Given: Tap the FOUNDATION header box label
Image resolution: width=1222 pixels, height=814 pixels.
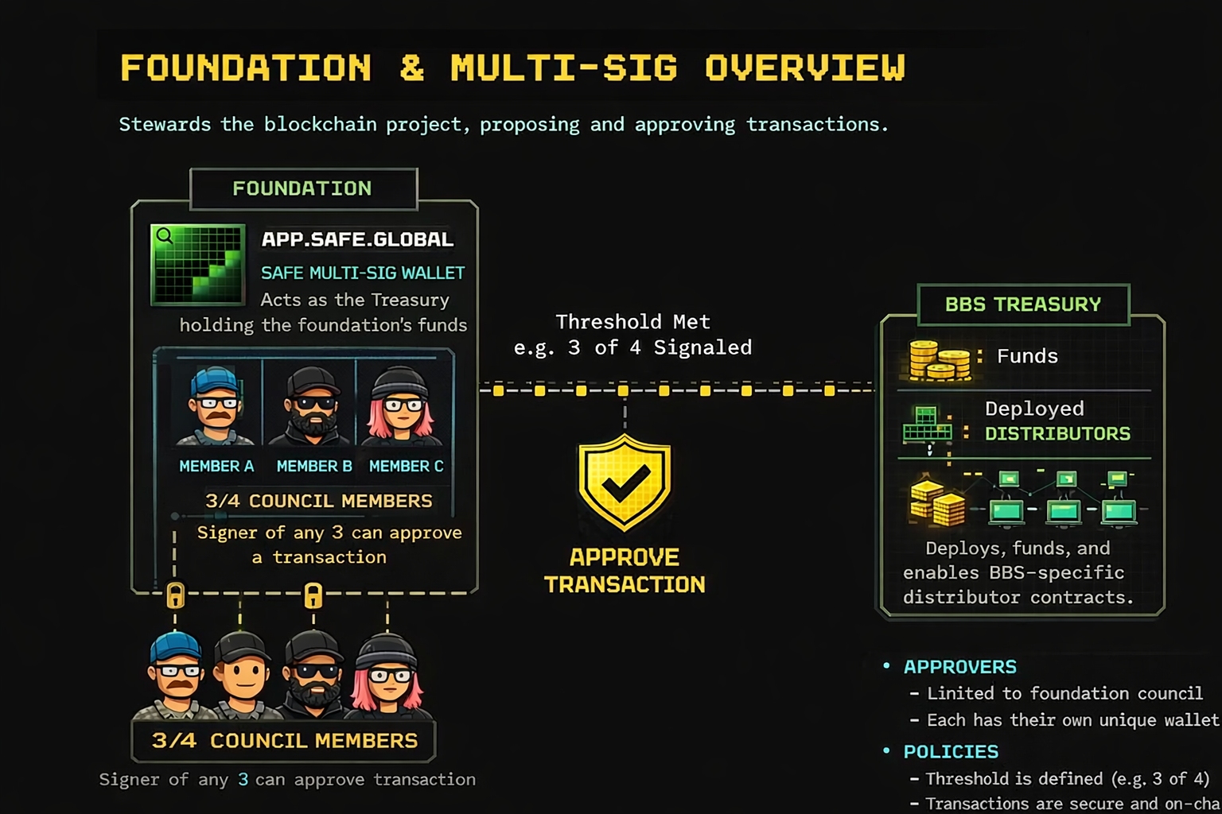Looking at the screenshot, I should [x=302, y=188].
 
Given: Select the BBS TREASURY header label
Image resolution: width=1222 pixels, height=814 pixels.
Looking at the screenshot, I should [x=1023, y=304].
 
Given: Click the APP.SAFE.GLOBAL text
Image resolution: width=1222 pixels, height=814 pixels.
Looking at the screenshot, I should [x=357, y=239].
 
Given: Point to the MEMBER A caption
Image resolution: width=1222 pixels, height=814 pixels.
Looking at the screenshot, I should [x=216, y=467].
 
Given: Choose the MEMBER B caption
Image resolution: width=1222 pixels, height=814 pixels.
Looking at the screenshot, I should [x=314, y=467].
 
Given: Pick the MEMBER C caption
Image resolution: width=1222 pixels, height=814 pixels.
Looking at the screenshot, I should [x=406, y=467].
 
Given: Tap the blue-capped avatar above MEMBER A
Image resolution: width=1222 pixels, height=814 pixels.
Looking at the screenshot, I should [x=215, y=406].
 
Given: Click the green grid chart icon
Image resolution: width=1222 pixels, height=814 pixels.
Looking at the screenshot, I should [x=198, y=265].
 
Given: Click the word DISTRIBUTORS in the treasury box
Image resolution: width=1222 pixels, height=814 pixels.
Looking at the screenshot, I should [x=1057, y=434].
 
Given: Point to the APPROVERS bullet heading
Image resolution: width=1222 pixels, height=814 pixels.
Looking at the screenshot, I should [x=959, y=667].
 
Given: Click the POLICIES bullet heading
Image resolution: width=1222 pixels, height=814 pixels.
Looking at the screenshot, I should [x=951, y=752].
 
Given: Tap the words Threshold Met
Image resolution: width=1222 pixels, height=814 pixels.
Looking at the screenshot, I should [x=632, y=322].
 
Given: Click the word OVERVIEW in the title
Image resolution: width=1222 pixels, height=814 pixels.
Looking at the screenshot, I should [x=805, y=68].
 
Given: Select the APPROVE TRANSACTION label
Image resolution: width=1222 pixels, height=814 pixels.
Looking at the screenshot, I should [x=625, y=571].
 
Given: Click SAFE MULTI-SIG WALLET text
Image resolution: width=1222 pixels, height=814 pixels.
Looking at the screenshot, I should [x=363, y=273].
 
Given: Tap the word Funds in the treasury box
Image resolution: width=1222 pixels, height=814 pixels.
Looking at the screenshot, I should [x=1027, y=356].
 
